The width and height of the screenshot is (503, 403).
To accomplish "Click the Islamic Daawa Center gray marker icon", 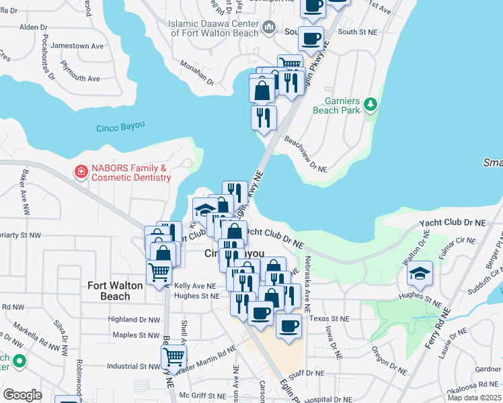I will coord(270,27).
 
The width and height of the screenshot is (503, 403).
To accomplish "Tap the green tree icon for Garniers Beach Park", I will coord(369,104).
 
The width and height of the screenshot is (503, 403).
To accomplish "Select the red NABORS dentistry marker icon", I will coord(81,173).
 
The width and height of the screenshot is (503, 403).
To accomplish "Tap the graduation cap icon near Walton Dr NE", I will coord(420,273).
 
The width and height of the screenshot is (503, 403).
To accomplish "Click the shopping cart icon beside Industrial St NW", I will coord(173,356).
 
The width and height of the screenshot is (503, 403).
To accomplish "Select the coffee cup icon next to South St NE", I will coord(310,38).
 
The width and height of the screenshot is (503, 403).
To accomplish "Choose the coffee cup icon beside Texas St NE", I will coord(288,326).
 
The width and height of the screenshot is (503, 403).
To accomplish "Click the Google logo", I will coord(22,394).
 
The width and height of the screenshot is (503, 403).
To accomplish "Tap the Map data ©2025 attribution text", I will coord(474,398).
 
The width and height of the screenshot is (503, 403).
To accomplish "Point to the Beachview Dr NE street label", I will coord(306,155).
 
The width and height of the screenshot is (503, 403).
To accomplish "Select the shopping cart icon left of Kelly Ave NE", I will coord(159,272).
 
